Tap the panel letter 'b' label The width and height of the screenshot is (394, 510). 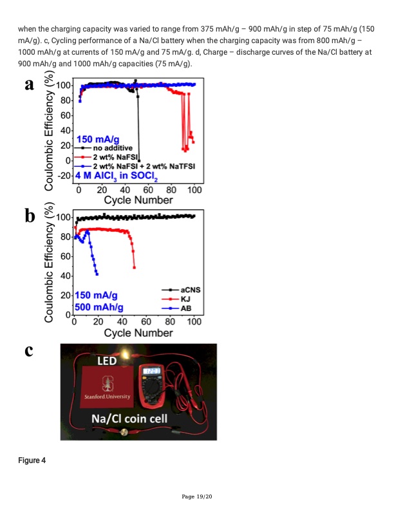pos(29,217)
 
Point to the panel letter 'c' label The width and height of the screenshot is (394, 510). pos(28,351)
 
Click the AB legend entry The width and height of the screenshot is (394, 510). pos(182,308)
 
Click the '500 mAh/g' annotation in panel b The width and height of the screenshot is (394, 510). pos(100,307)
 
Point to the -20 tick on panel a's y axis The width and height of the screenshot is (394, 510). pos(63,175)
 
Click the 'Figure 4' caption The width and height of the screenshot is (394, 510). pos(32,460)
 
